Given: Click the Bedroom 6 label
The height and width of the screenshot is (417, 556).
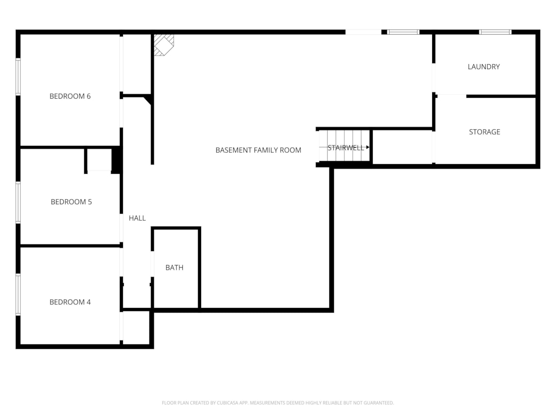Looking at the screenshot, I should click(70, 96).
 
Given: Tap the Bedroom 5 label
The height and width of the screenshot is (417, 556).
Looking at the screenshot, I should click(71, 202).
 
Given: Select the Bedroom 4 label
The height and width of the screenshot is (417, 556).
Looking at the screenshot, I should click(70, 302).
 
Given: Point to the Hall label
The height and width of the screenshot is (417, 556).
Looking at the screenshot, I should click(137, 218).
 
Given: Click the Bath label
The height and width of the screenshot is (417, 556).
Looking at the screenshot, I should click(174, 268).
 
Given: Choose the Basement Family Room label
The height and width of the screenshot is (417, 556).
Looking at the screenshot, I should click(258, 150).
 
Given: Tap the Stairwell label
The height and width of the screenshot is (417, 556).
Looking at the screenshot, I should click(345, 148).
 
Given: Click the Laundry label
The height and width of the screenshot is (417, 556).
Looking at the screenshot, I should click(483, 67).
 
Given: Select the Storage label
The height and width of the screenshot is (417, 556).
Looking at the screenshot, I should click(484, 132).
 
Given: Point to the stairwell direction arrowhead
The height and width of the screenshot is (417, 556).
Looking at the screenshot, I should click(367, 148).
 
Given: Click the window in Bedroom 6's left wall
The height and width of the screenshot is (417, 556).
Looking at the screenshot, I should click(18, 76).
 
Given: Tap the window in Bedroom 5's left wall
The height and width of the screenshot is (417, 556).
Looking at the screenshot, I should click(18, 202).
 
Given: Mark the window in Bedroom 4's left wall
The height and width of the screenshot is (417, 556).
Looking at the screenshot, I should click(18, 294).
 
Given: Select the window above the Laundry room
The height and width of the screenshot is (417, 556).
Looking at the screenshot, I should click(495, 32).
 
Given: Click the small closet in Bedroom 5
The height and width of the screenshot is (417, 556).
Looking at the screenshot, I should click(99, 160).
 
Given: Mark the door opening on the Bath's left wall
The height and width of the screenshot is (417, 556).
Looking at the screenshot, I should click(152, 264).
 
